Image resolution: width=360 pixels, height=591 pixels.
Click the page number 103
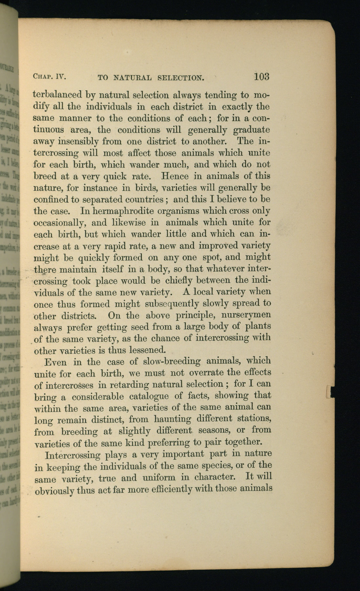[261, 77]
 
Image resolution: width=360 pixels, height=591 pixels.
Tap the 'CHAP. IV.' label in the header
[50, 77]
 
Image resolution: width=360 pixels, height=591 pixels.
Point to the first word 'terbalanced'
[57, 95]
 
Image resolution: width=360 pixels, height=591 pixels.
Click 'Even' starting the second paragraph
[55, 362]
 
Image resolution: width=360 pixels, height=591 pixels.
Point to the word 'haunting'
[172, 419]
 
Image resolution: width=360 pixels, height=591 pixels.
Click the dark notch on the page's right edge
[331, 392]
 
